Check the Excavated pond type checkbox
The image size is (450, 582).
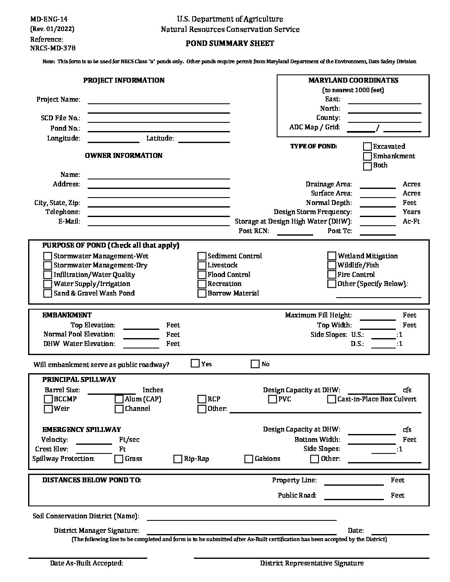(x=367, y=146)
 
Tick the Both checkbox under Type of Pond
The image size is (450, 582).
(x=367, y=166)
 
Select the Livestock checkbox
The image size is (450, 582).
(x=201, y=265)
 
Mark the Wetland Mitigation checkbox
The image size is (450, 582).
(x=332, y=256)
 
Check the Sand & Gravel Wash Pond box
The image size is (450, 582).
(x=48, y=293)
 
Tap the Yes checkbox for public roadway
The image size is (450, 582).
(x=195, y=364)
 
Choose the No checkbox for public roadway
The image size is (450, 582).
(x=255, y=364)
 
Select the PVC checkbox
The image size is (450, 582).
(x=272, y=399)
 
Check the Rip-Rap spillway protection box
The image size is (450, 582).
(x=178, y=459)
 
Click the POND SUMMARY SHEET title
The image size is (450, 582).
(x=230, y=43)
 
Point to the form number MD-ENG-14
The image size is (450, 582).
(x=49, y=19)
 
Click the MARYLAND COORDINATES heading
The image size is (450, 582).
(x=353, y=80)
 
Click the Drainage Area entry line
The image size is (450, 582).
(x=378, y=184)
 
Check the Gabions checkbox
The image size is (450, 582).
(x=249, y=459)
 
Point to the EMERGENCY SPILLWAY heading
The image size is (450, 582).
(x=81, y=429)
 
